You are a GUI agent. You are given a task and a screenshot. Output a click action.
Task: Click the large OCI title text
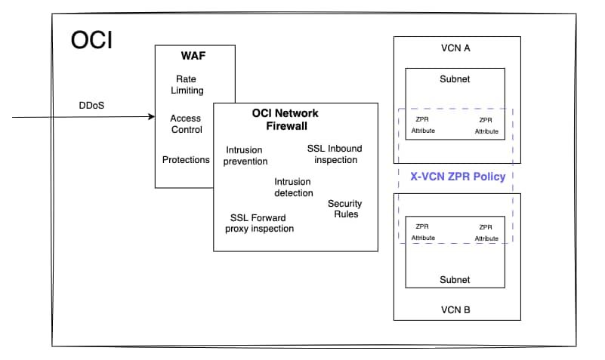92,40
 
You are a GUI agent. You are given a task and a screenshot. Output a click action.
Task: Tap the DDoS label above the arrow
91,105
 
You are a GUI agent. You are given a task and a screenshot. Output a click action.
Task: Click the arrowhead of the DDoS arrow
151,118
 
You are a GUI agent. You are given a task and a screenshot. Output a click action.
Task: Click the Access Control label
186,124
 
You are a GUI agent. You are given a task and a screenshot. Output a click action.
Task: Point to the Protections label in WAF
186,159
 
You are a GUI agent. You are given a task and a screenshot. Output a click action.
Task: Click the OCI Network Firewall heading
285,118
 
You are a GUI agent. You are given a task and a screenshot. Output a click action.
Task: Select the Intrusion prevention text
246,155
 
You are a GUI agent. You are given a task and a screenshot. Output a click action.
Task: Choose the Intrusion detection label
293,187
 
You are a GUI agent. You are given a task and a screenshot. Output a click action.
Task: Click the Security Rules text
344,208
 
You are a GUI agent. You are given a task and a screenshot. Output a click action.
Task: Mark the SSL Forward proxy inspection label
261,223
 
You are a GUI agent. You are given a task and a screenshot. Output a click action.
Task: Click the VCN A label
455,48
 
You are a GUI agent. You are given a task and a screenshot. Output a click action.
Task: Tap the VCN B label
455,309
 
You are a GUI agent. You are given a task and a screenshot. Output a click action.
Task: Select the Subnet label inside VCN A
455,79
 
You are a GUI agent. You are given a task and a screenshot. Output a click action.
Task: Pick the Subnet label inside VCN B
455,279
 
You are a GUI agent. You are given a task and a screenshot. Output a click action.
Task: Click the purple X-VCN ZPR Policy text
457,177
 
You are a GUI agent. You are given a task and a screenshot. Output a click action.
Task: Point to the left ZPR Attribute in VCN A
423,125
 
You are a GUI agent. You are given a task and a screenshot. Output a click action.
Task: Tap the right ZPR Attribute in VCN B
486,232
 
